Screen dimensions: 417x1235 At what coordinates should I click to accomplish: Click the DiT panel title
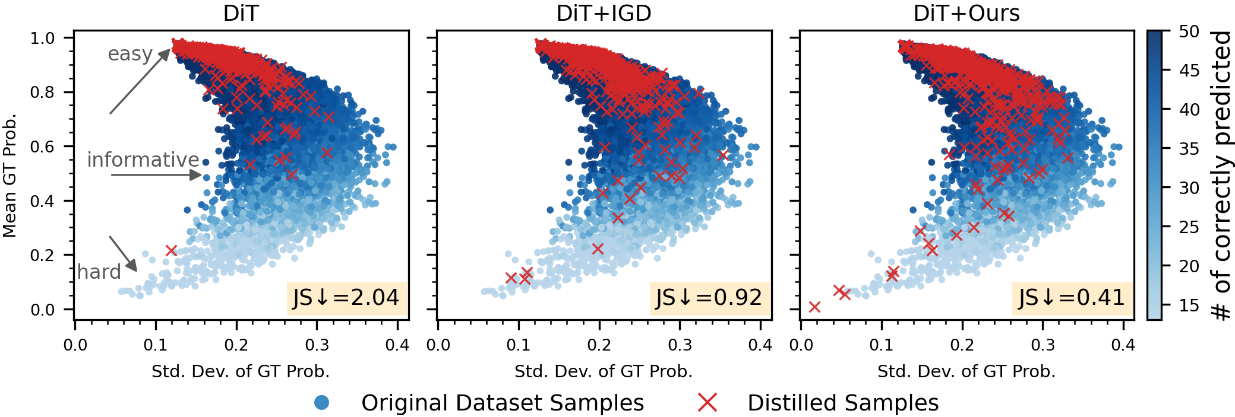(241, 13)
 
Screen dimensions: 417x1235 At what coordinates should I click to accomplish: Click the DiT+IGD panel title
(604, 13)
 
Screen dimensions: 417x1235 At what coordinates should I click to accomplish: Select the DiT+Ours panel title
(966, 13)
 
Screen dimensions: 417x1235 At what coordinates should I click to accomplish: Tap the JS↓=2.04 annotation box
(346, 298)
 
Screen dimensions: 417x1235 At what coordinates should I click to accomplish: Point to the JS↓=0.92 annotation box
(709, 298)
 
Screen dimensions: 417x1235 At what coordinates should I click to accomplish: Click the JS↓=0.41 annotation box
(1072, 298)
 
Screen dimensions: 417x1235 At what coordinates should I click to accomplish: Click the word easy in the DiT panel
(130, 54)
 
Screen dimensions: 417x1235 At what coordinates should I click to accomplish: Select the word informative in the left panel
(143, 160)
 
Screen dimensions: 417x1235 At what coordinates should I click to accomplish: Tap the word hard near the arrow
(99, 272)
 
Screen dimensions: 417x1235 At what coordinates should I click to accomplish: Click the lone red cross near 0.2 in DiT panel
(171, 251)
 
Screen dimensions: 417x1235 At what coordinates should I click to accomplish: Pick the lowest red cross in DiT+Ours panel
(814, 307)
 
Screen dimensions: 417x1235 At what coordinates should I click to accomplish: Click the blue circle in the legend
(321, 403)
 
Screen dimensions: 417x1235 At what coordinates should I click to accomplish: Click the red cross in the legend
(707, 403)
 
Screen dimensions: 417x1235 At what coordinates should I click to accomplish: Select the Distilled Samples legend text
(842, 403)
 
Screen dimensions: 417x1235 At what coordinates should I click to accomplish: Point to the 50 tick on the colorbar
(1189, 31)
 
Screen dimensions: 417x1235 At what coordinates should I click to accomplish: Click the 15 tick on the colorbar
(1189, 305)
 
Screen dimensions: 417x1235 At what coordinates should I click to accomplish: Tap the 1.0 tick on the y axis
(42, 38)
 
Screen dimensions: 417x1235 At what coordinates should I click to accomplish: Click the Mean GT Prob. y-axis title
(10, 176)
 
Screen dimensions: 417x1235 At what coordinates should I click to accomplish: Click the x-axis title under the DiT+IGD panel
(604, 371)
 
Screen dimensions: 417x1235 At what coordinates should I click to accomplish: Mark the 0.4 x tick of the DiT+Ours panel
(1123, 345)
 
